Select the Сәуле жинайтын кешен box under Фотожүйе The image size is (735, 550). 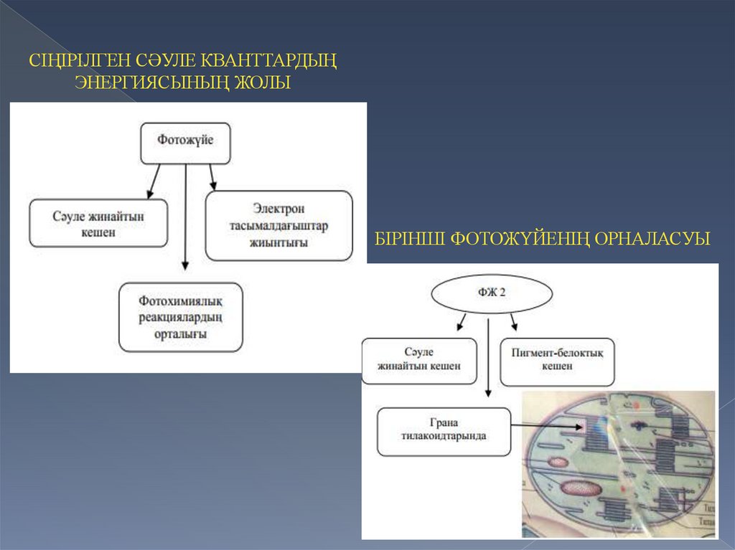(x=99, y=223)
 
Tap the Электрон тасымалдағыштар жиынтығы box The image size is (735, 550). (x=279, y=225)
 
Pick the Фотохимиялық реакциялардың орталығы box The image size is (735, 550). (x=181, y=316)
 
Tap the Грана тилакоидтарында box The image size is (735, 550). (x=444, y=432)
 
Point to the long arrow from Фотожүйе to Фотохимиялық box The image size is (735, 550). (x=186, y=215)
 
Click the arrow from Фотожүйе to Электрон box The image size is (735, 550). (x=212, y=176)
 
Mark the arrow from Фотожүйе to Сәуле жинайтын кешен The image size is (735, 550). (x=154, y=182)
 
